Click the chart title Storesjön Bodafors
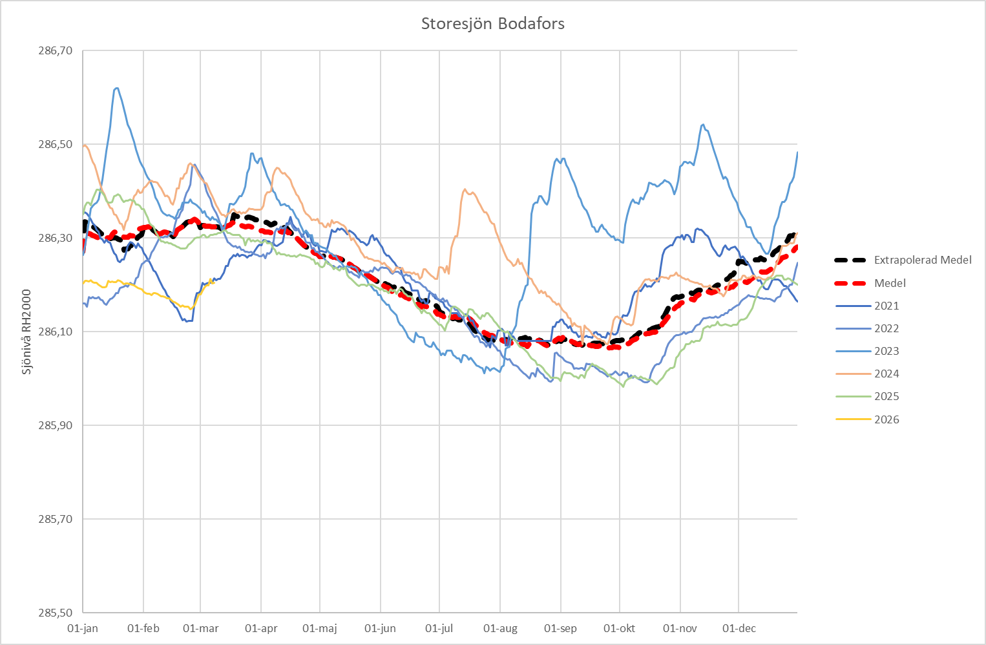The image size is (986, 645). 492,24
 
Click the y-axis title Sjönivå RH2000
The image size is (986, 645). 26,332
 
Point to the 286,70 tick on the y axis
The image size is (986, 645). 56,51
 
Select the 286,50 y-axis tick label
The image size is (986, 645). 56,145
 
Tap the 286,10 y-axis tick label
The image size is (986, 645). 56,332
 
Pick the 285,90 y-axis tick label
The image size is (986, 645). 56,426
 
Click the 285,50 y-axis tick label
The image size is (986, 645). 56,613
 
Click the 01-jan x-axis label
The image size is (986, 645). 83,629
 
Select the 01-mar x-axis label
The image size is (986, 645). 200,629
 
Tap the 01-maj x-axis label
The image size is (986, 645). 320,629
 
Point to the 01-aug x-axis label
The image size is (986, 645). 500,629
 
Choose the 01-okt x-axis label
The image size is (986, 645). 619,629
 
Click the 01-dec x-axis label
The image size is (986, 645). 739,629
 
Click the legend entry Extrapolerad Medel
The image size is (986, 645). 922,260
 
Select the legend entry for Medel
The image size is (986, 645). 890,283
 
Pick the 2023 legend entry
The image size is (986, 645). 886,351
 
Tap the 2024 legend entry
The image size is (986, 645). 886,374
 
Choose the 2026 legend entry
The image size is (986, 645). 886,419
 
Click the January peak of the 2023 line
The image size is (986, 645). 116,89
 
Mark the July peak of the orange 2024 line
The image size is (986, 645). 465,190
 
